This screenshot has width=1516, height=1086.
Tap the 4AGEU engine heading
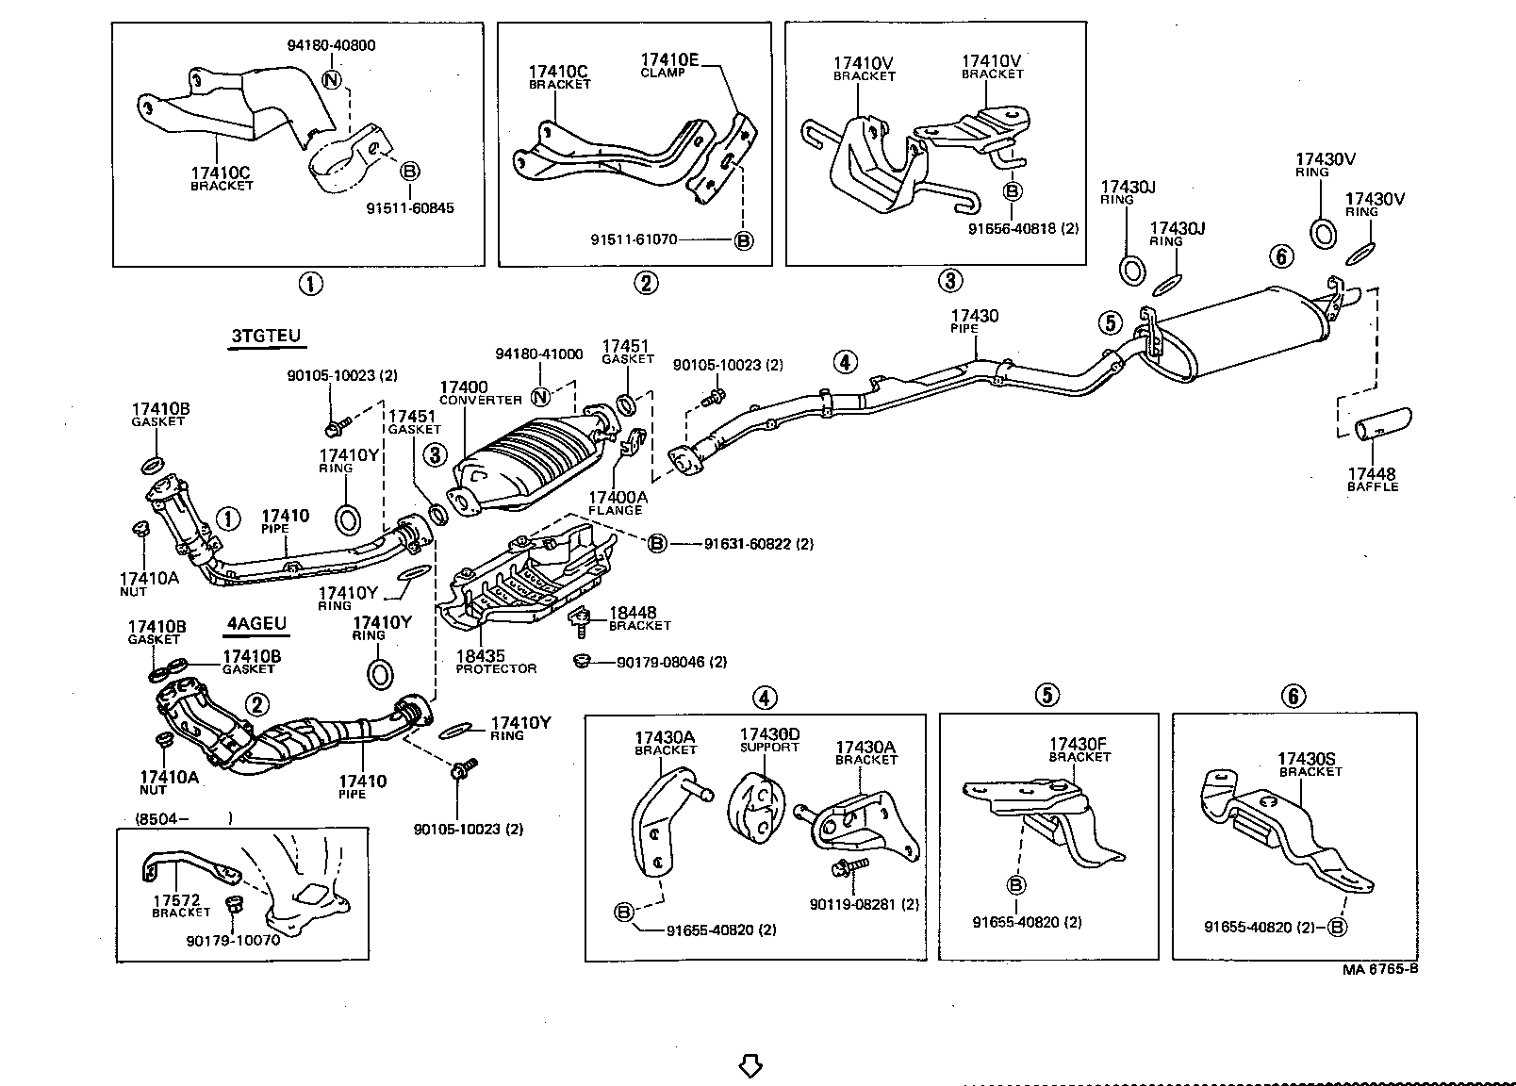pyautogui.click(x=255, y=623)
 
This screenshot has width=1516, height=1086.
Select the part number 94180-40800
pyautogui.click(x=331, y=45)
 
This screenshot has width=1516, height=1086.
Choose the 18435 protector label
pyautogui.click(x=495, y=661)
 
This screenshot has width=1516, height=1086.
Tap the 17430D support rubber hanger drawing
pyautogui.click(x=757, y=805)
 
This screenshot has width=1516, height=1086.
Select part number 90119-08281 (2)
pyautogui.click(x=864, y=904)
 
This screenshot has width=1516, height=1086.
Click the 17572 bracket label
pyautogui.click(x=180, y=905)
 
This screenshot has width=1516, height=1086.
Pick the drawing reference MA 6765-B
pyautogui.click(x=1380, y=969)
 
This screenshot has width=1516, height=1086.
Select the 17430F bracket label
pyautogui.click(x=1079, y=749)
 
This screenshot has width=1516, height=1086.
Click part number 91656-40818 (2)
pyautogui.click(x=1023, y=228)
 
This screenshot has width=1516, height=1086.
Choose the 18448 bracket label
pyautogui.click(x=637, y=618)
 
